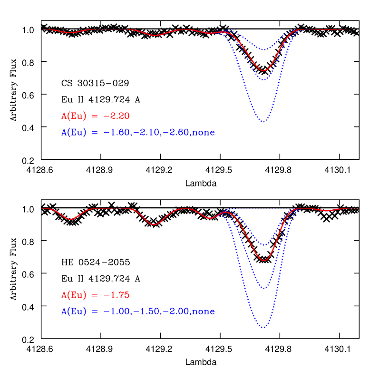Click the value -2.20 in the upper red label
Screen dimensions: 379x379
[x=117, y=116]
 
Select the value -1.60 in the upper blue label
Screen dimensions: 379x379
[x=117, y=133]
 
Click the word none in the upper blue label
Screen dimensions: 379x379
[x=203, y=133]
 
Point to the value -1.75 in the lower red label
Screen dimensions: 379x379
[x=117, y=295]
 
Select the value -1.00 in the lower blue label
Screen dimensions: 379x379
[x=117, y=312]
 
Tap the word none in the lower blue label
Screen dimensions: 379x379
[x=203, y=312]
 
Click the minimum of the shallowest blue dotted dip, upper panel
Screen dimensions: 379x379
[x=263, y=49]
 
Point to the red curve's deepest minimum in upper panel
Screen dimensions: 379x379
[x=263, y=71]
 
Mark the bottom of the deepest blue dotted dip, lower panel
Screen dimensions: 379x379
[x=263, y=327]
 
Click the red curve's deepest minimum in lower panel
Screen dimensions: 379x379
[x=264, y=260]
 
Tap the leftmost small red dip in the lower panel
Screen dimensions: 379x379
[x=71, y=219]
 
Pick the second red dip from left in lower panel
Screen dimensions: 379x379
[x=154, y=224]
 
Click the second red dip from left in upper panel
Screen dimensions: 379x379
[x=155, y=35]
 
